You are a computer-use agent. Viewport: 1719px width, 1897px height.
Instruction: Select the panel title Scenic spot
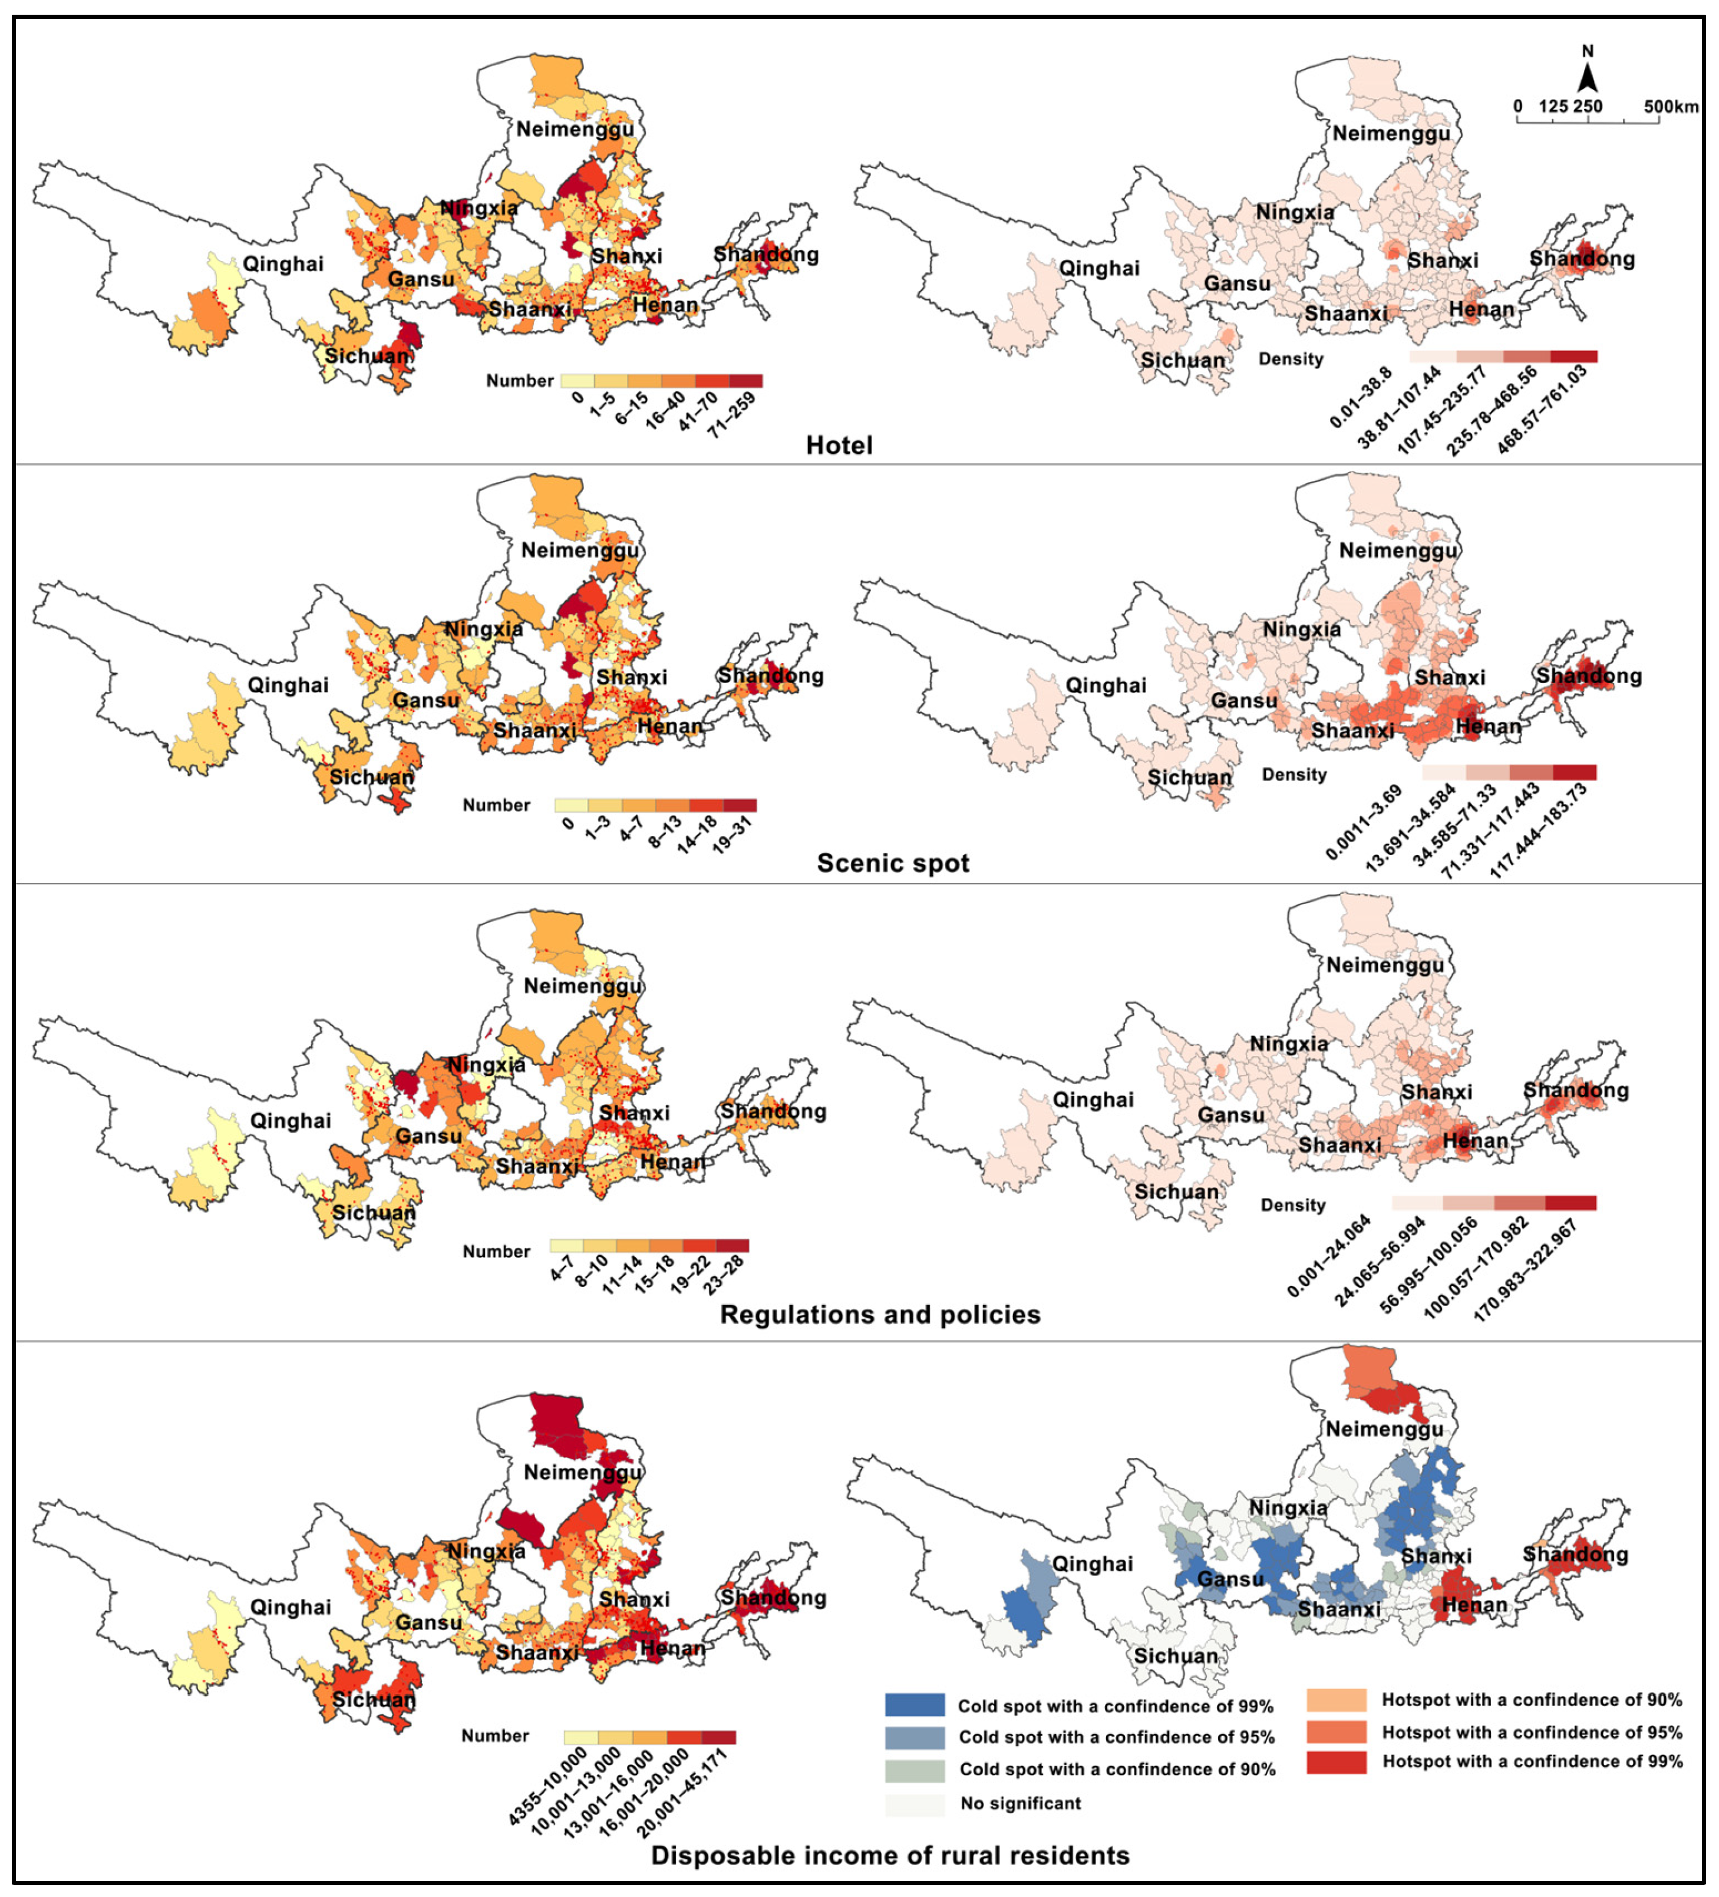coord(892,863)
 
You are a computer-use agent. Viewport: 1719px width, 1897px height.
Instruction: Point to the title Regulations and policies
coord(880,1315)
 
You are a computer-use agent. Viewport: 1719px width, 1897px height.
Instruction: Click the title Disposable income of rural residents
coord(889,1855)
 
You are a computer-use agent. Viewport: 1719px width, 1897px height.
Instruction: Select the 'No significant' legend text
coord(1020,1803)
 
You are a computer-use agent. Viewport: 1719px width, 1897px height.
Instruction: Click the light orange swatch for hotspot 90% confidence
coord(1335,1700)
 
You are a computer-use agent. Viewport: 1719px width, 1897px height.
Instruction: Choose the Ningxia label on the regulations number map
coord(486,1065)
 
